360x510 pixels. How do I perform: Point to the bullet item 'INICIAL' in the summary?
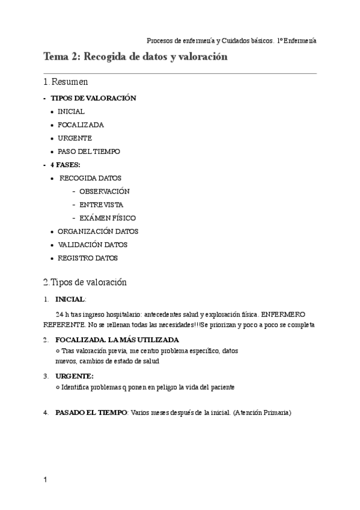tap(71, 111)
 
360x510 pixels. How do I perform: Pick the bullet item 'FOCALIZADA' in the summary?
tap(81, 125)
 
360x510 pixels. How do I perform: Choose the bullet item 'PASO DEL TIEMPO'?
tap(89, 152)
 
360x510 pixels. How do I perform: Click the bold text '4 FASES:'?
tap(66, 165)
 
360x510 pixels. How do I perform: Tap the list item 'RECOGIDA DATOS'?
tap(90, 178)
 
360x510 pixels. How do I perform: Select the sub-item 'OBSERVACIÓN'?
tap(105, 191)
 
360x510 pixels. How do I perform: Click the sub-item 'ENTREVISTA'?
tap(101, 204)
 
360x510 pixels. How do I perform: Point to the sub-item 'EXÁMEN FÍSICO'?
tap(108, 218)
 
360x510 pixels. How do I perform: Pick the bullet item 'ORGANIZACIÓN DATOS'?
tap(98, 231)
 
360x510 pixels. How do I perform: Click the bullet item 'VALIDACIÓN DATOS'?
tap(93, 245)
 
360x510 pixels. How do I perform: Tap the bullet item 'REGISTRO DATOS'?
tap(88, 258)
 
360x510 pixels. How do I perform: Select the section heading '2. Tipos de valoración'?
tap(85, 282)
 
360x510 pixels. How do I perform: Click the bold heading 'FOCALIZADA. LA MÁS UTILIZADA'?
tap(117, 340)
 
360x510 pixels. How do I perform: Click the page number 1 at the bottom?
tap(45, 480)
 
